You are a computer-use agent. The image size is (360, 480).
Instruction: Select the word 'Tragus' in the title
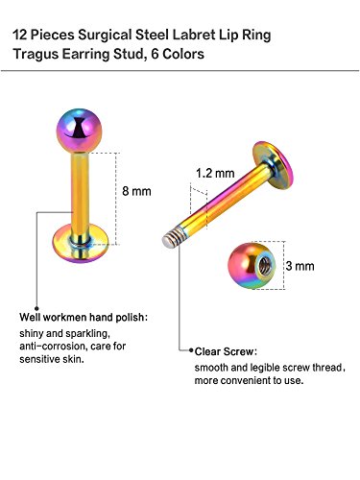click(39, 54)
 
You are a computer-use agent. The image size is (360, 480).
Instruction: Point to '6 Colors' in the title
click(178, 54)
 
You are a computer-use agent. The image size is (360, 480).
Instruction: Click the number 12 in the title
click(22, 34)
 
